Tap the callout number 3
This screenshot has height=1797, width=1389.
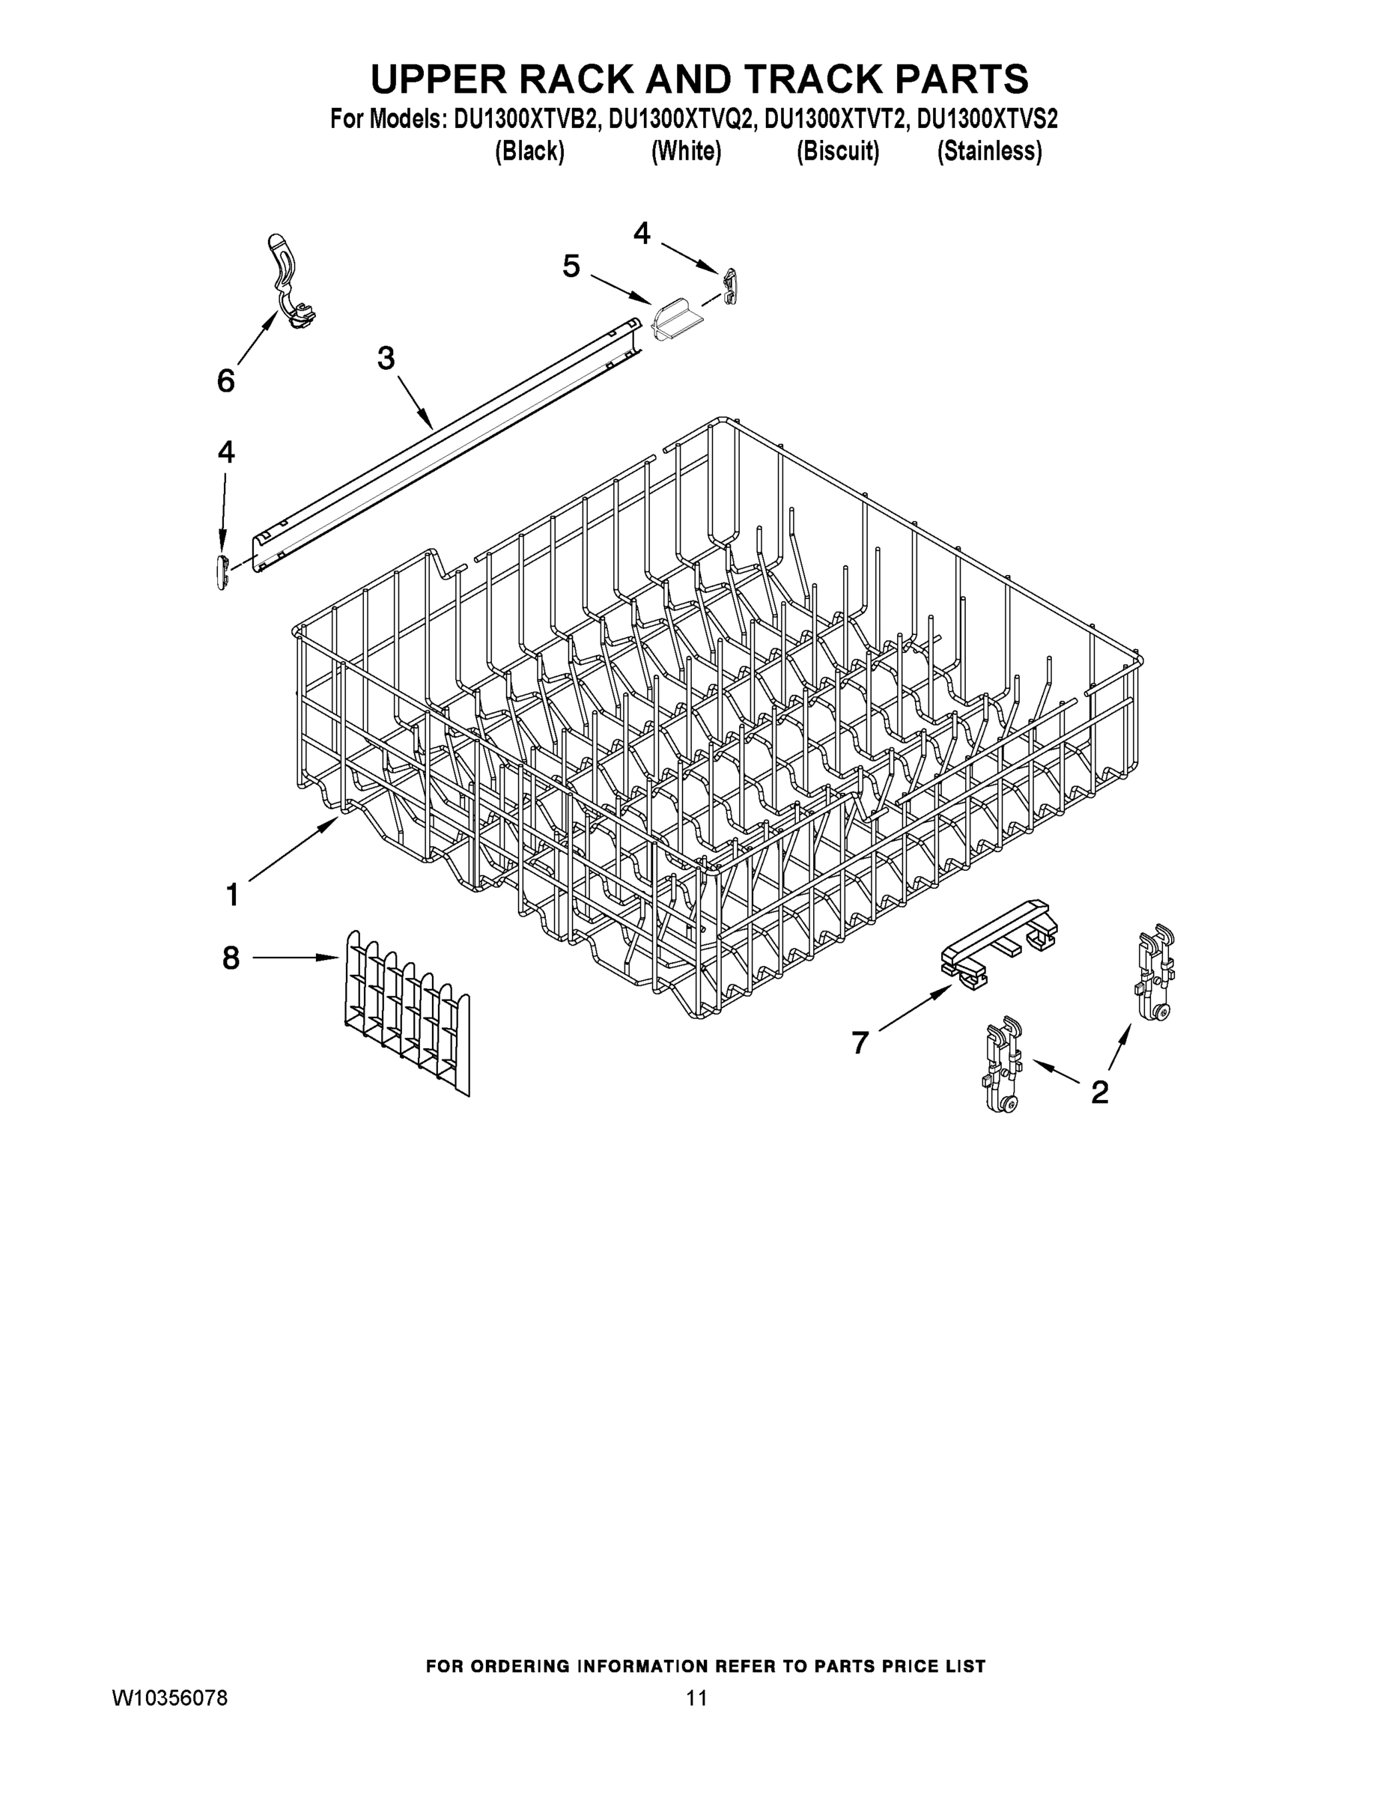(x=385, y=359)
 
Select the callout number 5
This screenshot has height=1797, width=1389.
(x=571, y=266)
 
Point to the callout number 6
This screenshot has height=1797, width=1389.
(x=225, y=381)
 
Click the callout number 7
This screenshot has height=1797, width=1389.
(x=860, y=1043)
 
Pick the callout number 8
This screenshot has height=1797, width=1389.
(x=231, y=958)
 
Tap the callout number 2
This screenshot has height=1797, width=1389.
(x=1099, y=1092)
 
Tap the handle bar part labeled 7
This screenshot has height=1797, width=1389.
(x=998, y=946)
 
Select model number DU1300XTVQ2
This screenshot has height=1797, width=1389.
(x=681, y=120)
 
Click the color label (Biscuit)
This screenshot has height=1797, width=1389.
(x=838, y=152)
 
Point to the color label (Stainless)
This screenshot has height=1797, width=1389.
(x=989, y=152)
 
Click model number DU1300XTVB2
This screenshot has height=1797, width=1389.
(x=523, y=120)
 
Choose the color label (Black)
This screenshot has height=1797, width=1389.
(x=529, y=152)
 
